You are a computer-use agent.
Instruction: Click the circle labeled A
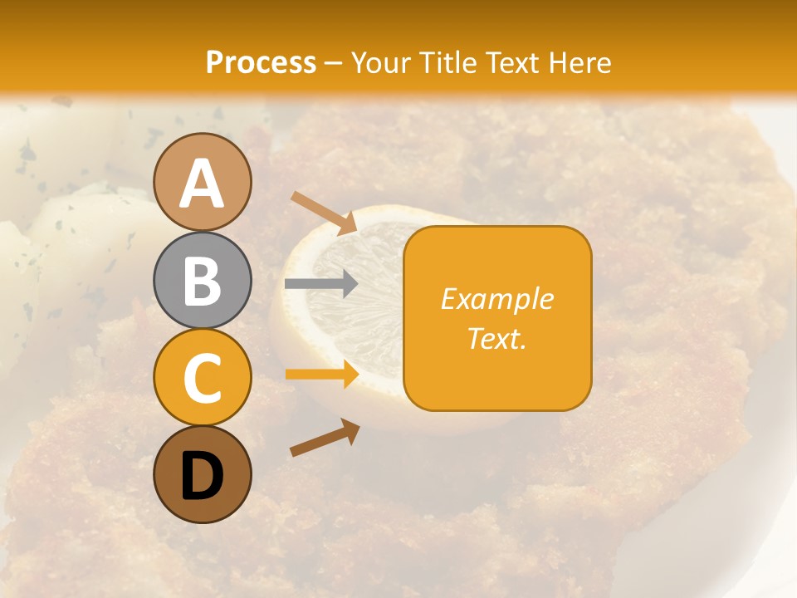(202, 182)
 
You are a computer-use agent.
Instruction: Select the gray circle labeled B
(202, 280)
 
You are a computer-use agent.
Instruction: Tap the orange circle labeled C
(202, 377)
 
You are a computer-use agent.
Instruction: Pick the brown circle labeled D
(202, 474)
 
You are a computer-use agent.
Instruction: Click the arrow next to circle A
(323, 212)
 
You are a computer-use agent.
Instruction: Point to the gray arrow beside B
(320, 284)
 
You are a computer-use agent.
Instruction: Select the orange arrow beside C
(321, 375)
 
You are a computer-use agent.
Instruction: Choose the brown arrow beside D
(325, 438)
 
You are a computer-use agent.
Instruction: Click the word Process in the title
(261, 62)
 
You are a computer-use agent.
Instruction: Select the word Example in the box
(496, 299)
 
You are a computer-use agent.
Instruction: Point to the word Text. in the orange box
(496, 338)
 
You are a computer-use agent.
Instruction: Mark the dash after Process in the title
(333, 63)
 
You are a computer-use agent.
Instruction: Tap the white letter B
(202, 281)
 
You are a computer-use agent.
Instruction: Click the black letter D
(202, 476)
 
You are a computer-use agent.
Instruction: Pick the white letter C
(202, 378)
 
